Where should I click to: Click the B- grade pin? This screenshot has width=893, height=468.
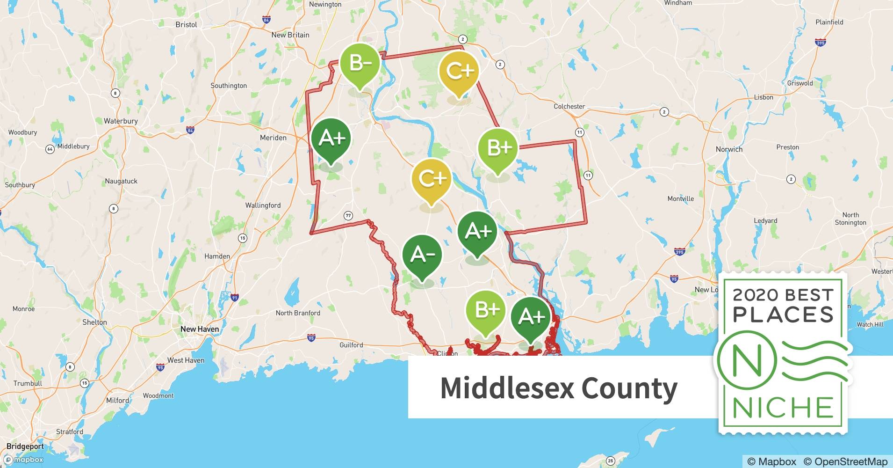(x=360, y=63)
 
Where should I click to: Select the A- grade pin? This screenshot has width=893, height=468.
(x=422, y=255)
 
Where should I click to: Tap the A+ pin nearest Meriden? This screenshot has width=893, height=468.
(x=331, y=139)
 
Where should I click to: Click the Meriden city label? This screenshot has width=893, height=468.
(x=273, y=138)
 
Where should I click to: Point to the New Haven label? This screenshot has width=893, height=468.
(x=200, y=329)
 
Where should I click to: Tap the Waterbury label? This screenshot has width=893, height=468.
(x=121, y=121)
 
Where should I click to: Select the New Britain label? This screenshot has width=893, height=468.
(x=290, y=35)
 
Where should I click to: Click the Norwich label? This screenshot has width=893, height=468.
(x=729, y=149)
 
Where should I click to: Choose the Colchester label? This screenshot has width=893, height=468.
(x=569, y=106)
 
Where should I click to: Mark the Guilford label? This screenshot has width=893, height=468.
(x=351, y=345)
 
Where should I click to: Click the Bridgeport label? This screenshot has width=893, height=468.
(x=25, y=446)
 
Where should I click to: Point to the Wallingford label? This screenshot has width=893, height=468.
(x=263, y=205)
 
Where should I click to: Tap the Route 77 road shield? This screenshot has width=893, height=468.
(x=348, y=216)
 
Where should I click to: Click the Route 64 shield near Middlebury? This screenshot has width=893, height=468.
(x=50, y=149)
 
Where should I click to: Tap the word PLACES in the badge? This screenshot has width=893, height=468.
(x=784, y=314)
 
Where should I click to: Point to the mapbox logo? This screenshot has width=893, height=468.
(x=23, y=460)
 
